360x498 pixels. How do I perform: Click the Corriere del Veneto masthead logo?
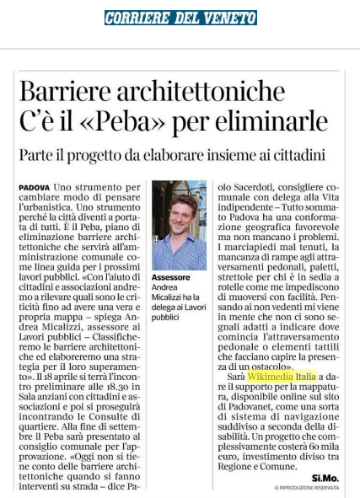tap(179, 18)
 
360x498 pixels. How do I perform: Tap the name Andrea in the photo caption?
tap(165, 287)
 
